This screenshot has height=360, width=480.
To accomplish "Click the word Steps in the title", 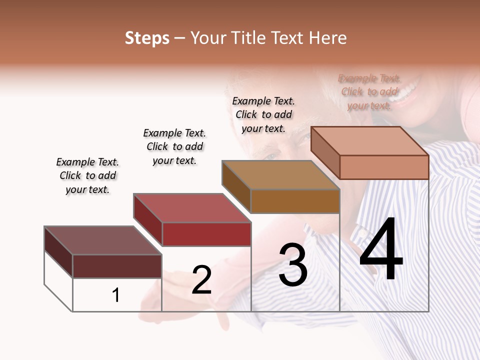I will [147, 38].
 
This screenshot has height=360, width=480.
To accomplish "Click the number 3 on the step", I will [293, 265].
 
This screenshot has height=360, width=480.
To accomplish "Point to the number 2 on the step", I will [201, 280].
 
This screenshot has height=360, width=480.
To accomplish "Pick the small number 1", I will [116, 295].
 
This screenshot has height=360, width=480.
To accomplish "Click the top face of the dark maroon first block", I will [102, 240].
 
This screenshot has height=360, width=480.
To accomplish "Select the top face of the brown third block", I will [281, 175].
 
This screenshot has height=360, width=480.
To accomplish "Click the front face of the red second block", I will [206, 234].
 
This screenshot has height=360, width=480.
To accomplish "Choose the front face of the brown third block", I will [295, 201].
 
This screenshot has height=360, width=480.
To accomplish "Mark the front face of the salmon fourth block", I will [384, 167].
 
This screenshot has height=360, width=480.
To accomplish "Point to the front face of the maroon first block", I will [117, 266].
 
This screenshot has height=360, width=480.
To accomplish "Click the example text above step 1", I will [87, 175].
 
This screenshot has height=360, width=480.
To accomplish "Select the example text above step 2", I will [174, 146].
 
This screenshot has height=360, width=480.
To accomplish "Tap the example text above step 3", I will [263, 114].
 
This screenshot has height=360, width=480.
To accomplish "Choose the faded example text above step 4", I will [369, 91].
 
